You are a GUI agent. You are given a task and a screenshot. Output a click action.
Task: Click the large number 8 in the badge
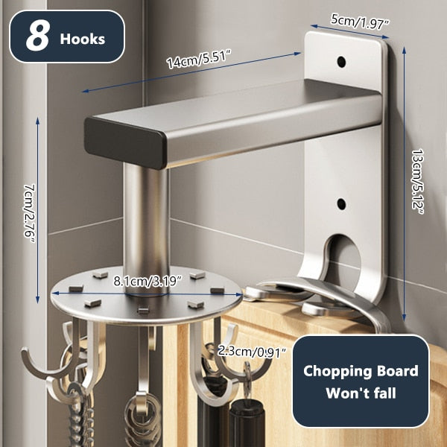pos(37,37)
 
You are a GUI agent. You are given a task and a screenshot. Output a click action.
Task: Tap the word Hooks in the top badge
pos(83,39)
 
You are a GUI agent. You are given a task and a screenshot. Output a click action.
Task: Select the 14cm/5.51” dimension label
pos(199,59)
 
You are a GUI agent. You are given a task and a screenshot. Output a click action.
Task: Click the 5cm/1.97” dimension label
pos(360,21)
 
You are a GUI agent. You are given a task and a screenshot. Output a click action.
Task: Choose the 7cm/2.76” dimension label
pos(29,213)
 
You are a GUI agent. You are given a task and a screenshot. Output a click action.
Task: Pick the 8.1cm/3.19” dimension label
pos(148,282)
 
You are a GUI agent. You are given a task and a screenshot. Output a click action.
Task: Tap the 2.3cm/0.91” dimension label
pos(252,352)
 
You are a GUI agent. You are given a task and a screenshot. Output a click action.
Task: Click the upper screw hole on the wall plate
pos(341,61)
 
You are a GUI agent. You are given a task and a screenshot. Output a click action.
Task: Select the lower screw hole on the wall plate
pos(341,203)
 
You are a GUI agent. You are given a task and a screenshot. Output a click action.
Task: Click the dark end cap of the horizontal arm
pos(124,142)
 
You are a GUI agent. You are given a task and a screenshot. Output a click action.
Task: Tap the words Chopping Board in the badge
pos(361,372)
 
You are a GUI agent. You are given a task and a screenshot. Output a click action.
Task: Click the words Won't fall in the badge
pos(361,393)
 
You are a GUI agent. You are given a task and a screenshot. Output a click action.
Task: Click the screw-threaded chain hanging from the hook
pos(80,416)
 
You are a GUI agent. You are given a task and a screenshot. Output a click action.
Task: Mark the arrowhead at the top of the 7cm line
pos(38,120)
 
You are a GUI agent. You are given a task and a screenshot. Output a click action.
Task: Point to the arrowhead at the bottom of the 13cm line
pos(405,318)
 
